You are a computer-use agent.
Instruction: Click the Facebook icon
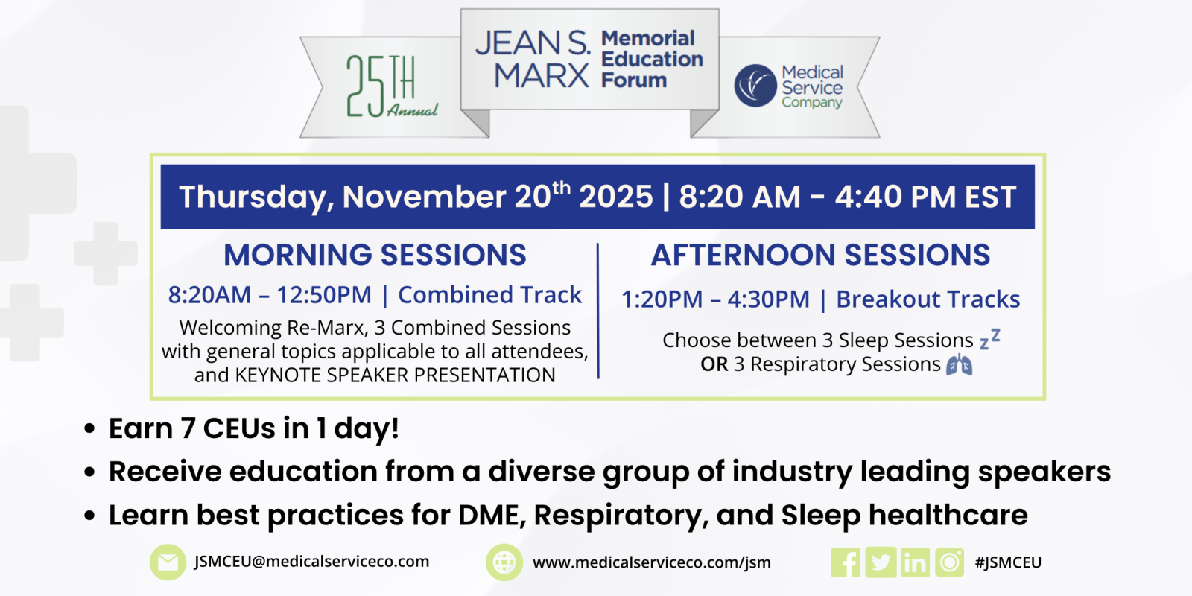pyautogui.click(x=845, y=562)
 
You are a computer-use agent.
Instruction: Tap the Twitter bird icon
pyautogui.click(x=880, y=562)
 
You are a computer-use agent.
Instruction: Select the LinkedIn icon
pyautogui.click(x=915, y=562)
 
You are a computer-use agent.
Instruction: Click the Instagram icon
pyautogui.click(x=949, y=562)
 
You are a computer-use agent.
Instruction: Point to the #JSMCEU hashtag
pyautogui.click(x=1008, y=562)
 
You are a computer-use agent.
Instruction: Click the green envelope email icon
pyautogui.click(x=168, y=562)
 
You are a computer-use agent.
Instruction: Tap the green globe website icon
pyautogui.click(x=504, y=562)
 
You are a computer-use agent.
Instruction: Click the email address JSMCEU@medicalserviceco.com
pyautogui.click(x=311, y=562)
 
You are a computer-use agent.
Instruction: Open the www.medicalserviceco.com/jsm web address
pyautogui.click(x=651, y=562)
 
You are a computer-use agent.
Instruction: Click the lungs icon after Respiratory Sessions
pyautogui.click(x=959, y=364)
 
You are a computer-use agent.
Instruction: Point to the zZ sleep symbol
pyautogui.click(x=990, y=339)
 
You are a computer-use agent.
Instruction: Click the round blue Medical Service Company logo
pyautogui.click(x=755, y=86)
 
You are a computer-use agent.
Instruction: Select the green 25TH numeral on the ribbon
pyautogui.click(x=381, y=85)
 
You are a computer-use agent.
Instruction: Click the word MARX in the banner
pyautogui.click(x=542, y=75)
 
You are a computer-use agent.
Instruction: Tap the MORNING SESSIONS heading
pyautogui.click(x=375, y=255)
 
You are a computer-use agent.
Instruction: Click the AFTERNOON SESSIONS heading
pyautogui.click(x=820, y=255)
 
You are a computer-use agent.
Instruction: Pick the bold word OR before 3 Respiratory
pyautogui.click(x=714, y=364)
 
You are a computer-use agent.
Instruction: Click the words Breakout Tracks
pyautogui.click(x=928, y=299)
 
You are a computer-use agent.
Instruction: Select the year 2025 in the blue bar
pyautogui.click(x=615, y=197)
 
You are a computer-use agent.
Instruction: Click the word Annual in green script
pyautogui.click(x=413, y=110)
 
